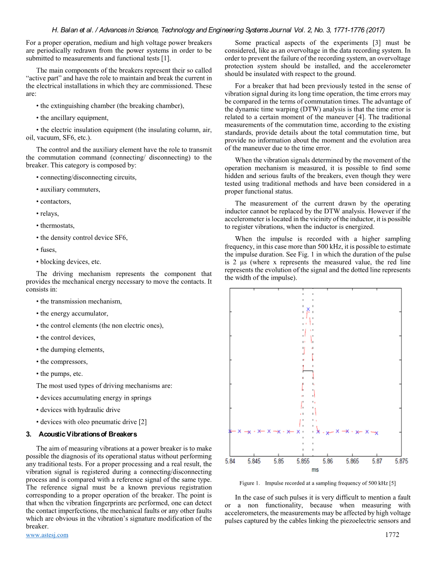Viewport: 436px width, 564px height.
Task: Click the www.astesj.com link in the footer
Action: [47, 535]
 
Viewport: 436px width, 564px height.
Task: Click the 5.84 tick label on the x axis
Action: [230, 461]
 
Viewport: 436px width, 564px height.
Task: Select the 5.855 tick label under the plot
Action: [303, 461]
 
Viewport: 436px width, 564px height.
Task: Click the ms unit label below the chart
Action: [315, 470]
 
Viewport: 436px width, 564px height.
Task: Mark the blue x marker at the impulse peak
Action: [308, 309]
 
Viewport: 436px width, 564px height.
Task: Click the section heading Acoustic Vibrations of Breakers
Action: [87, 434]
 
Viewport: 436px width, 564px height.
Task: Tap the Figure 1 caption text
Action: [317, 483]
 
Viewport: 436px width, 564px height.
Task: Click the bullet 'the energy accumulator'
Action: [72, 314]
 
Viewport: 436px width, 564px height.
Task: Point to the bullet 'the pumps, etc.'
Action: [60, 374]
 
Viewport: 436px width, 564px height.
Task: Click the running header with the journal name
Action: [218, 30]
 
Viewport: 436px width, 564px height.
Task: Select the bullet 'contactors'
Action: [53, 201]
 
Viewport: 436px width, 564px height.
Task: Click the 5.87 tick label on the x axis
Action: [376, 461]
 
